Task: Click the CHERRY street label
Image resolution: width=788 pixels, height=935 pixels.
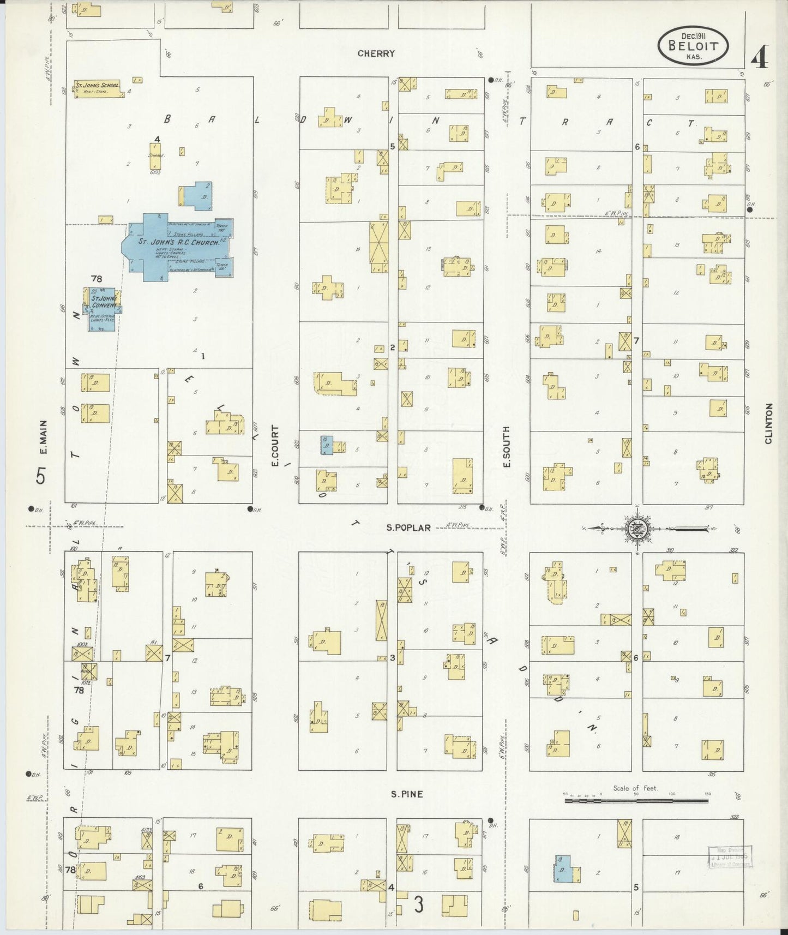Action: coord(376,53)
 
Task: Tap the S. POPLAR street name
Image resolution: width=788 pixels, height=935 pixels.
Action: coord(408,528)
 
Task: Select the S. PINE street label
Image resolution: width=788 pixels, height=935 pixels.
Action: coord(406,794)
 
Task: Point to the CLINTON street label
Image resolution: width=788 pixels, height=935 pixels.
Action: coord(769,423)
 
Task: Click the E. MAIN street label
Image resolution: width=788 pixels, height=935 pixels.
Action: coord(44,436)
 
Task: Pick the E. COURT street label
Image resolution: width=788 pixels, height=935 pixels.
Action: coord(275,446)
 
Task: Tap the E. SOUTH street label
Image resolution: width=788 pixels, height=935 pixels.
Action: coord(506,446)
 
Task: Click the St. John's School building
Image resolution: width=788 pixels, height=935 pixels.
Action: coord(98,88)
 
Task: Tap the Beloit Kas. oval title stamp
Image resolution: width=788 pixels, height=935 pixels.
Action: coord(693,46)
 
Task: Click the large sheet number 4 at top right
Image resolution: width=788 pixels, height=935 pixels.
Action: coord(759,58)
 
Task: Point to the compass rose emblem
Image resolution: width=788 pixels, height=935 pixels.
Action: coord(636,528)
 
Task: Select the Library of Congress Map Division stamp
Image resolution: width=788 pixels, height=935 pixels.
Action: coord(730,856)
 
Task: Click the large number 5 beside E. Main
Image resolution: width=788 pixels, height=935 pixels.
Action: coord(41,476)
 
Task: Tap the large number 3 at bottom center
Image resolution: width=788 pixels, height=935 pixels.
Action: coord(418,904)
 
